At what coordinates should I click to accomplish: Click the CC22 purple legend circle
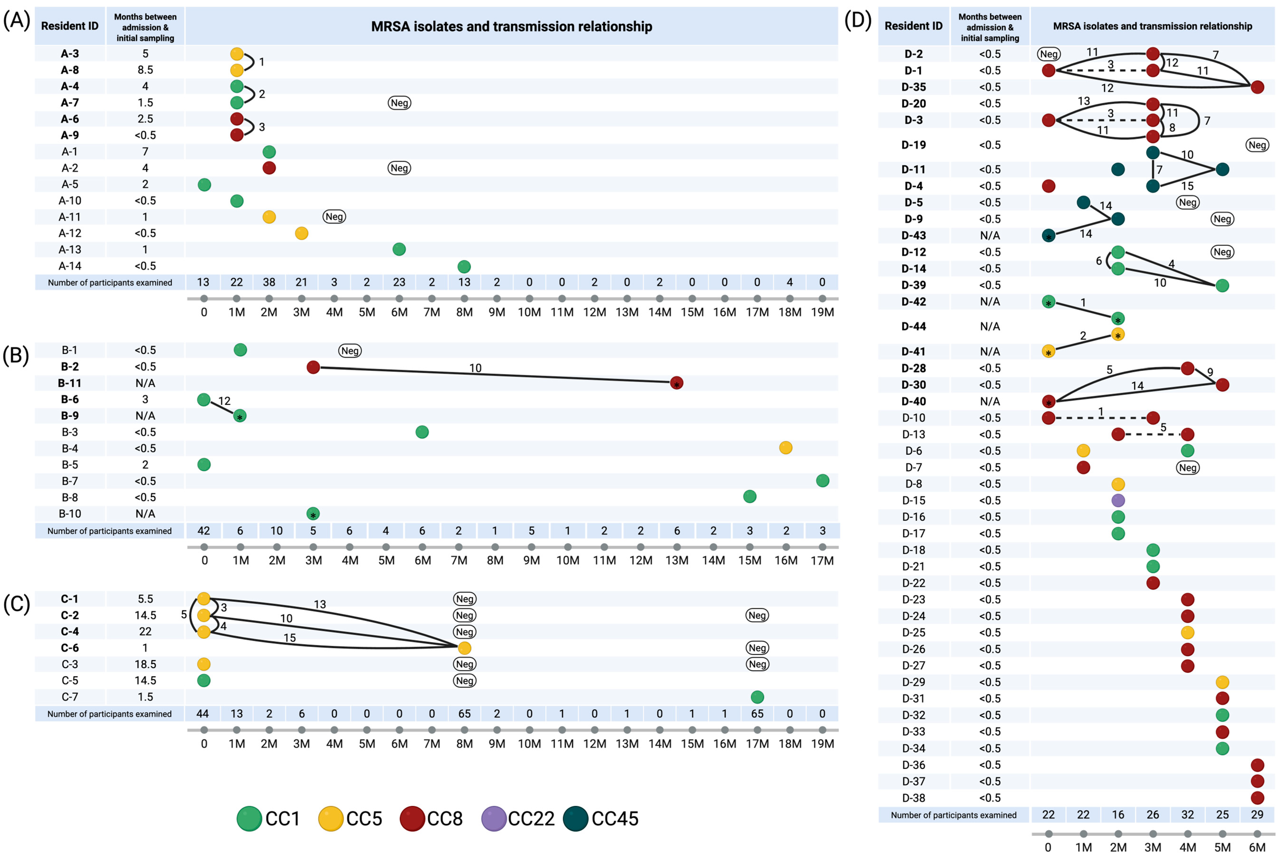pos(493,818)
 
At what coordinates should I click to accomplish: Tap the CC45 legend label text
pos(615,818)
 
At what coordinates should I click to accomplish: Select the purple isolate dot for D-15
pos(1117,500)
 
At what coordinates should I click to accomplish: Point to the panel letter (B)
pos(16,355)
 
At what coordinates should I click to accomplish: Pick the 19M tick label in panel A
pos(822,312)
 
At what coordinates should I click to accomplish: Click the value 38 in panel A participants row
pos(269,282)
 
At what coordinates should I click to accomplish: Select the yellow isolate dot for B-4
pos(785,448)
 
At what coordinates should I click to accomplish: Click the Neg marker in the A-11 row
pos(334,217)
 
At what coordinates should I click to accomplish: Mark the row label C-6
pos(70,648)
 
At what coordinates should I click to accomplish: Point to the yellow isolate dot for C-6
pos(464,648)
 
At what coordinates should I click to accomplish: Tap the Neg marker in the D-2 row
pos(1048,54)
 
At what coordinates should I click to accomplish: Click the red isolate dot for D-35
pos(1257,87)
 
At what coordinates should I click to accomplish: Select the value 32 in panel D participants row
pos(1187,814)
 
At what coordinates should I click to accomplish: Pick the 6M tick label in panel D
pos(1257,847)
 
